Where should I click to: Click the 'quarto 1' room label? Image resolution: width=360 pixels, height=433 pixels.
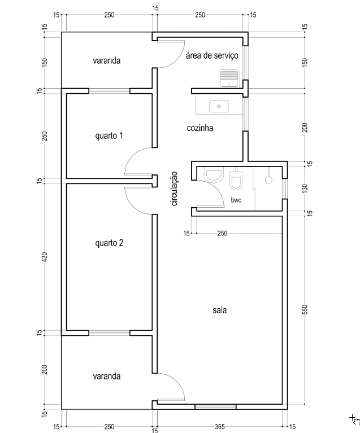tap(110, 136)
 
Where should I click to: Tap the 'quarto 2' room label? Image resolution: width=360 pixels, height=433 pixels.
tap(110, 243)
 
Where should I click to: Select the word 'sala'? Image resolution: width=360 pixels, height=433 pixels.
tap(220, 310)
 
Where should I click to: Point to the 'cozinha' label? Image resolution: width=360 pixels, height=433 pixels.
tap(200, 128)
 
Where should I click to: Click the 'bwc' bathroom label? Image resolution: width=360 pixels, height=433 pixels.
tap(236, 200)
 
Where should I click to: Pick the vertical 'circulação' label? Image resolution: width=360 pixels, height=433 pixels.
tap(174, 189)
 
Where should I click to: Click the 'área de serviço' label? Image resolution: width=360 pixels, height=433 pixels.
tap(212, 55)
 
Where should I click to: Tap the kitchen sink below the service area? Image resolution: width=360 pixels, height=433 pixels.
tap(218, 106)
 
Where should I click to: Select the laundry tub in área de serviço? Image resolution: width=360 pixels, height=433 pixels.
tap(229, 77)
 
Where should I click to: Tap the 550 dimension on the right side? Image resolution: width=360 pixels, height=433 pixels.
tap(305, 309)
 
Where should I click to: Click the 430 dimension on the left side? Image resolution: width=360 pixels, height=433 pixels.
tap(45, 256)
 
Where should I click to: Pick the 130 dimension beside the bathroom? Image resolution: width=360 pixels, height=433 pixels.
tap(305, 187)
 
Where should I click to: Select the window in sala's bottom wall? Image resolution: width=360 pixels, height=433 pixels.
tap(215, 406)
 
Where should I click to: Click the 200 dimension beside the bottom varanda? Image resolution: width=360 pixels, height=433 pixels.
tap(45, 370)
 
